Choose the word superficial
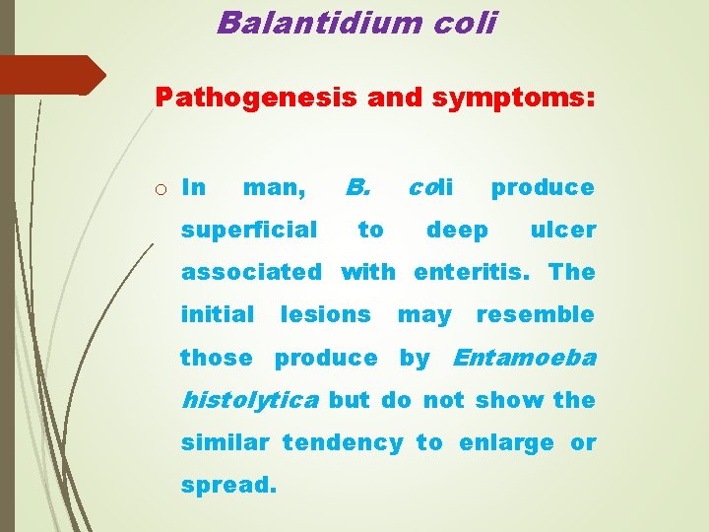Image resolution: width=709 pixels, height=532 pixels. [249, 230]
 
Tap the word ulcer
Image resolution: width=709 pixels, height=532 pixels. [563, 230]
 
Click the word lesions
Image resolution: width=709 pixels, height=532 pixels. [326, 314]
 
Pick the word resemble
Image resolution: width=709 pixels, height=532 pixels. [536, 314]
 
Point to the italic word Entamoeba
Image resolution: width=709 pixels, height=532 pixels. [524, 358]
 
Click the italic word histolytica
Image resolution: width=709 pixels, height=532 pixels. [249, 400]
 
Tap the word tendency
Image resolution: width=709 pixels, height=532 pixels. [343, 442]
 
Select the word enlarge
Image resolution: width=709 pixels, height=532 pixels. [507, 442]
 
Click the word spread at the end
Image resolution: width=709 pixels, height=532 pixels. [226, 486]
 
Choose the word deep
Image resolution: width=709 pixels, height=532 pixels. [457, 230]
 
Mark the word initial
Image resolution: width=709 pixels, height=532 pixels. [218, 314]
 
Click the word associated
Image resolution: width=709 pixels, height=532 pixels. [251, 272]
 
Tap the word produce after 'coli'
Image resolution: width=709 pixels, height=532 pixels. [543, 187]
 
